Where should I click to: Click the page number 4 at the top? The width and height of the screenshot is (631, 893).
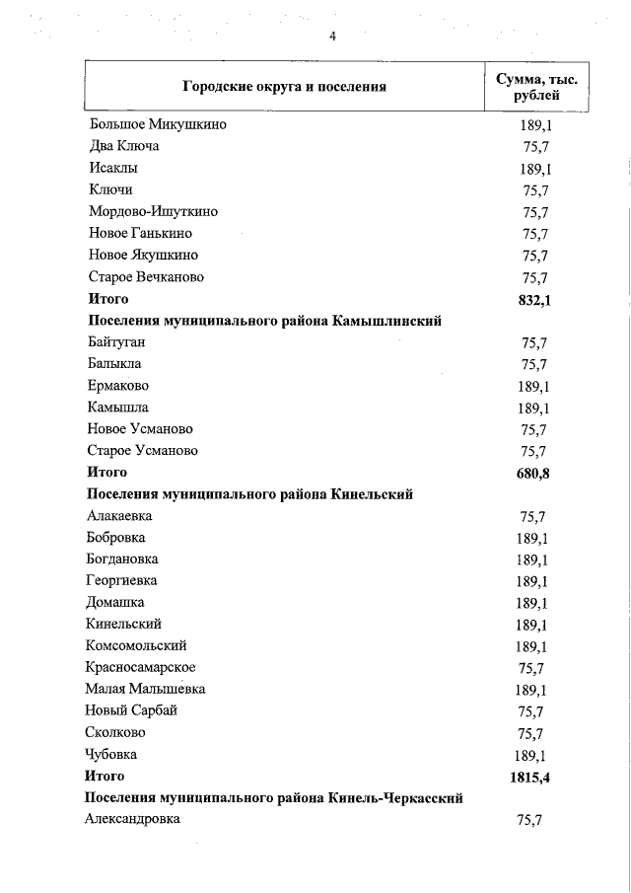point(332,37)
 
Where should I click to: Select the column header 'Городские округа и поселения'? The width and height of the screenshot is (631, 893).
point(284,87)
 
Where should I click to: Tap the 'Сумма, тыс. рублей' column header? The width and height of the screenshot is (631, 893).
point(536,87)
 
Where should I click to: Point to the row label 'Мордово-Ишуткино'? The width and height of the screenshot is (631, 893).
point(153,212)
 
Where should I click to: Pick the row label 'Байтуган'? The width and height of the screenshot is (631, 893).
point(117,342)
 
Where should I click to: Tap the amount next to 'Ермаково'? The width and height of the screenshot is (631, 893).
point(533,386)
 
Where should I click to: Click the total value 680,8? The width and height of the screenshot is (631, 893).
point(533,474)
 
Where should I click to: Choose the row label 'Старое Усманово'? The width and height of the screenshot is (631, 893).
point(143,451)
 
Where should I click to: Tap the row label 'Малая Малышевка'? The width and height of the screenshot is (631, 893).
point(146,690)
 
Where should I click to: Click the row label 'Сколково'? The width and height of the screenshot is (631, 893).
point(116,733)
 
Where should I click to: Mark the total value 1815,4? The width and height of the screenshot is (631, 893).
point(529,778)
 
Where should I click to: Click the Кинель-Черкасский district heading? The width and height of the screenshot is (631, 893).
point(274,798)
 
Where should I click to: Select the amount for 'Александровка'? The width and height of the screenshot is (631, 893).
point(533,821)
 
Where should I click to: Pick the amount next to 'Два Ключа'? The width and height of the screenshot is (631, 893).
point(533,148)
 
